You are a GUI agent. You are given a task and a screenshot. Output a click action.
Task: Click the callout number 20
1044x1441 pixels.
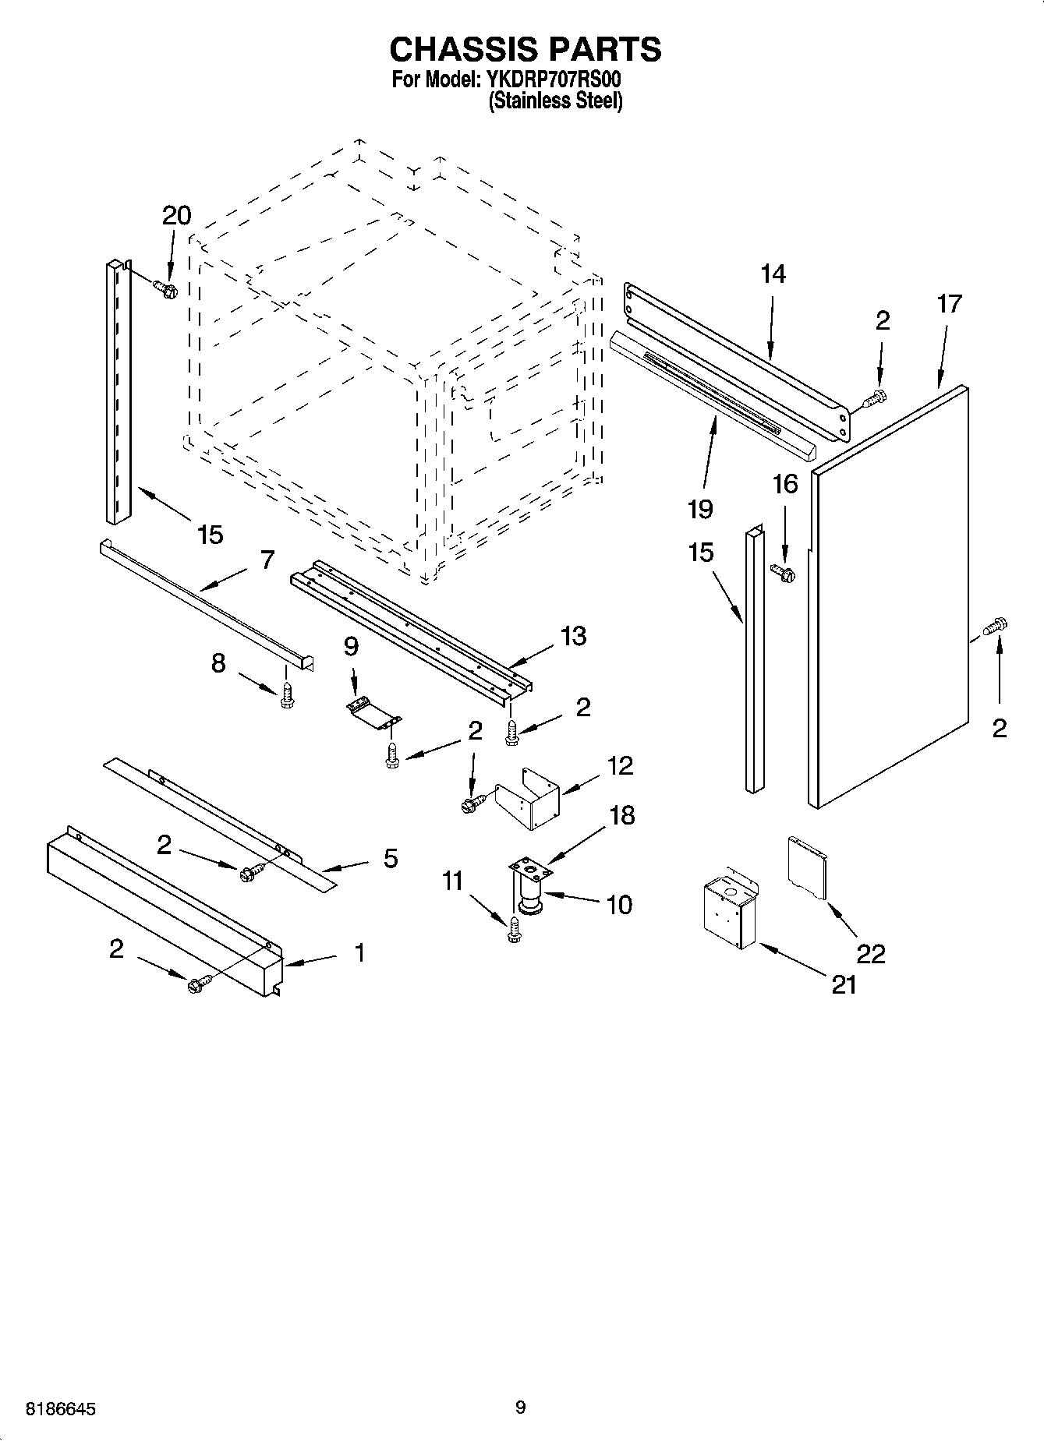pyautogui.click(x=177, y=216)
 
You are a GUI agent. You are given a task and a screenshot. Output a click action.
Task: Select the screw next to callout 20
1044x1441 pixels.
pyautogui.click(x=167, y=289)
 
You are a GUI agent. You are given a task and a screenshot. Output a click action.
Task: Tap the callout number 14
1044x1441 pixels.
pyautogui.click(x=773, y=274)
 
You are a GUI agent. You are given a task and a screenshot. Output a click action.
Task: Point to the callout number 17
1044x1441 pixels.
pyautogui.click(x=949, y=303)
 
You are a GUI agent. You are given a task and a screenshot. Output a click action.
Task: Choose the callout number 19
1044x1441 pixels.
pyautogui.click(x=700, y=509)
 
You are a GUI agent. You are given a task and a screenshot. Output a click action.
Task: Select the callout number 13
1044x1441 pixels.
pyautogui.click(x=574, y=636)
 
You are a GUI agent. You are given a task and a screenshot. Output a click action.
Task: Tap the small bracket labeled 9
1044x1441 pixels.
pyautogui.click(x=373, y=712)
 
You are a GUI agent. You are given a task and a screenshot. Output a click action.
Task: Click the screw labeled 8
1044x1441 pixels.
pyautogui.click(x=287, y=695)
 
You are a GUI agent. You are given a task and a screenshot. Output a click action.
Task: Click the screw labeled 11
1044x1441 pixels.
pyautogui.click(x=513, y=931)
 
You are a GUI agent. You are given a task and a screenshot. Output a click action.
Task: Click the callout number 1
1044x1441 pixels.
pyautogui.click(x=359, y=952)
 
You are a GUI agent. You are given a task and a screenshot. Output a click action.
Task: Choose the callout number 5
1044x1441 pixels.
pyautogui.click(x=391, y=859)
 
